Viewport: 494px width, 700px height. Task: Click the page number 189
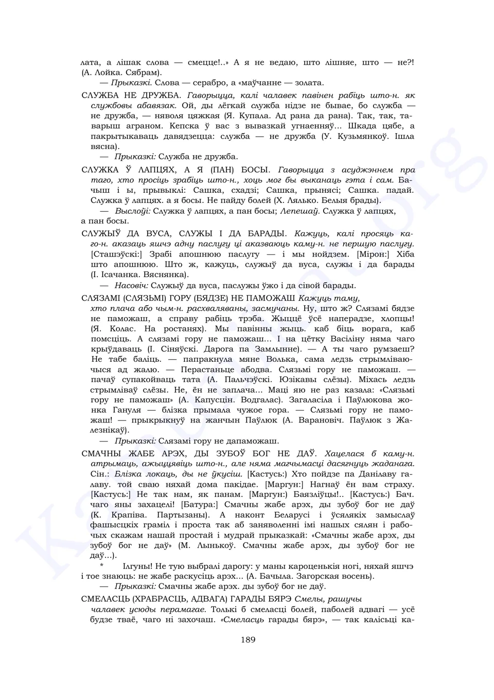pyautogui.click(x=248, y=640)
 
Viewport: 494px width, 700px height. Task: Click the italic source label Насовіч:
pyautogui.click(x=132, y=285)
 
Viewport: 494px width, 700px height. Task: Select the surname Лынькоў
pyautogui.click(x=212, y=545)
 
